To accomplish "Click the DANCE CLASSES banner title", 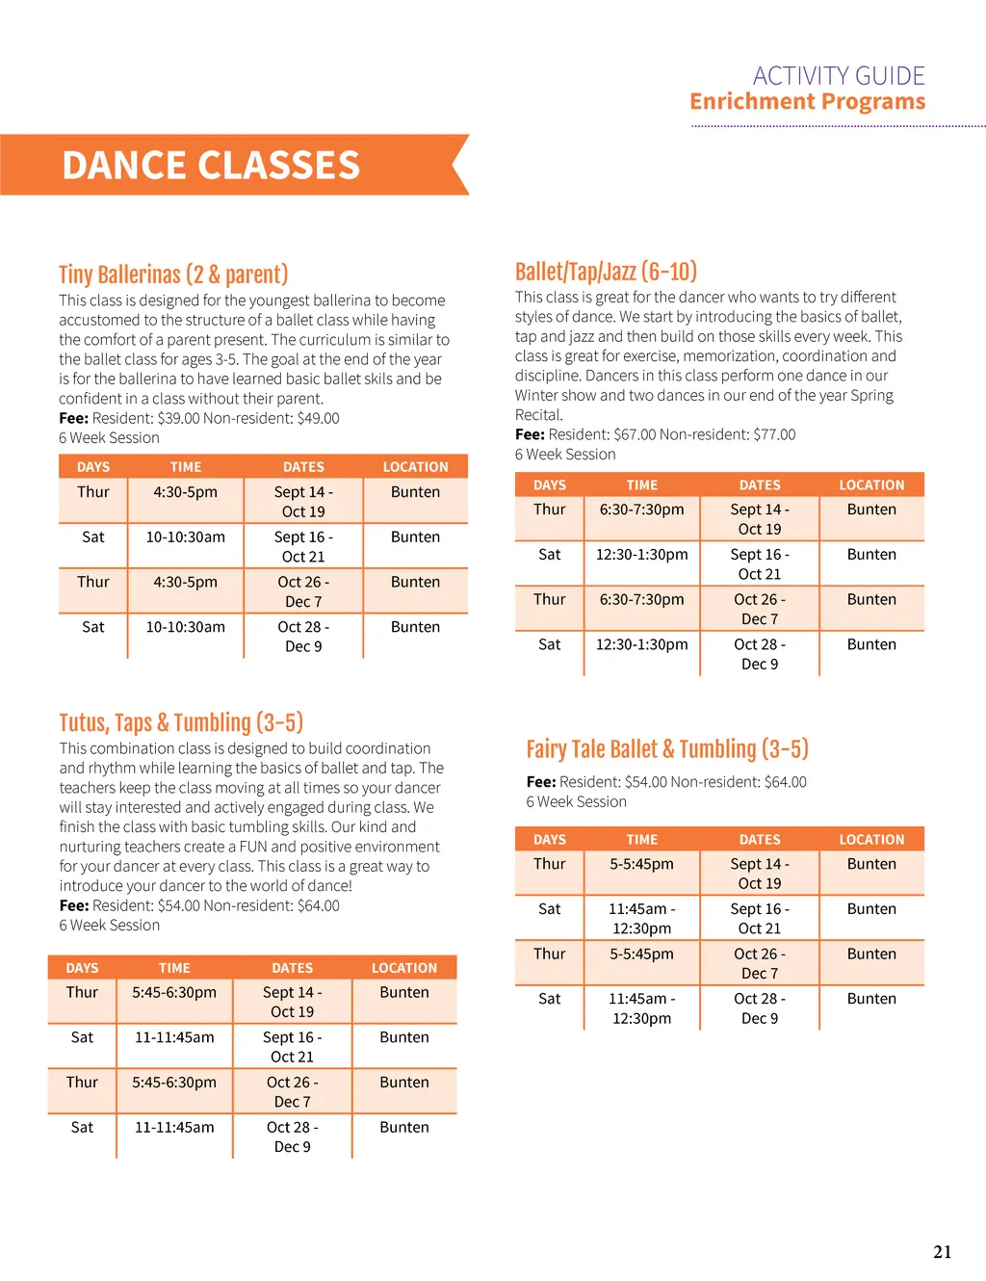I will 211,166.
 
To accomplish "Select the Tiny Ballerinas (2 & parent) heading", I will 173,274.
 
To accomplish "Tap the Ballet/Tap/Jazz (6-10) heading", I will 606,272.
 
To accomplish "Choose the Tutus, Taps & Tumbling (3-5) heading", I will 181,722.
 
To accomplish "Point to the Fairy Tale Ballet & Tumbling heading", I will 667,749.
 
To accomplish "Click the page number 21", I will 942,1252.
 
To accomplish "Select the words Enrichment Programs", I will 807,102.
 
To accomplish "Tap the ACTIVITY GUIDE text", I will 838,76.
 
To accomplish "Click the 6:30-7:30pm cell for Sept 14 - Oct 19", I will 641,510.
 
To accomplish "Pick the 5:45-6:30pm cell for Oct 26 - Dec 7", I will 174,1083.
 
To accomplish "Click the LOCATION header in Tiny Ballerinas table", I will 415,467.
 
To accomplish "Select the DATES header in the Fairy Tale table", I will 760,840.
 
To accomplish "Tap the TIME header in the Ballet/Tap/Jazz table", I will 641,485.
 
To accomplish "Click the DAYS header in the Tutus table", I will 82,968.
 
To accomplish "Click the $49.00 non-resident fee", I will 318,418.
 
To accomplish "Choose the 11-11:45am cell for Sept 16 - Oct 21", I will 174,1037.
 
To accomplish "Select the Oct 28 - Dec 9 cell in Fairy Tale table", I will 760,1008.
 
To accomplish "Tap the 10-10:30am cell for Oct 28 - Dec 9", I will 185,627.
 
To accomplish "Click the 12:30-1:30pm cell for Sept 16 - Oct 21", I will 641,555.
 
